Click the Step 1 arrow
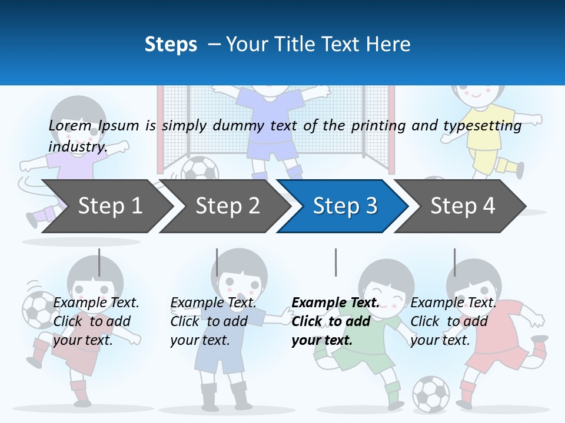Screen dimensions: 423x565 109,206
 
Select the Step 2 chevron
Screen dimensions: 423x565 227,206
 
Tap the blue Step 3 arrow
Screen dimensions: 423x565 345,206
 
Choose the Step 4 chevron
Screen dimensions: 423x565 463,206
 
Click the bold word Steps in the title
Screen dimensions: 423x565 171,45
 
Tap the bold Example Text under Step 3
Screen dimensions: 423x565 335,303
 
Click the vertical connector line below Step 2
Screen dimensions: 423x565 217,262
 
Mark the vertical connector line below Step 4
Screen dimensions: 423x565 454,262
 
